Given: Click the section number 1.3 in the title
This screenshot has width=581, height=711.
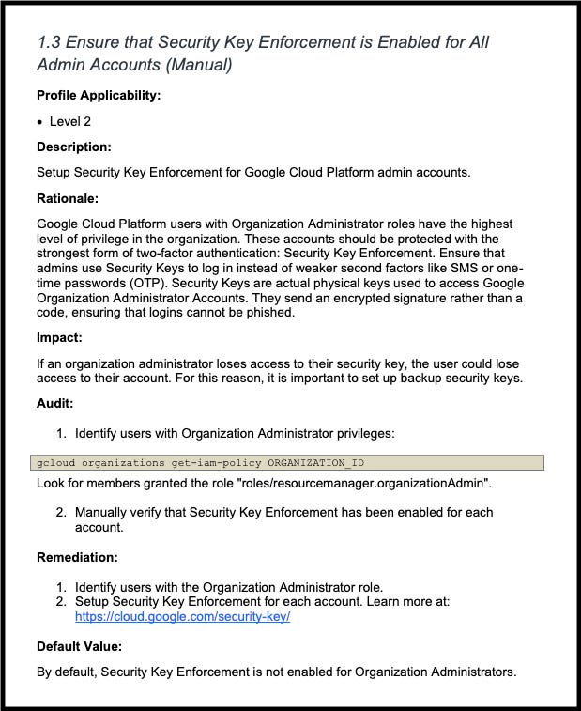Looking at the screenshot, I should tap(49, 42).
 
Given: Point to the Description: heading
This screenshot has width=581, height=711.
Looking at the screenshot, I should tap(74, 147).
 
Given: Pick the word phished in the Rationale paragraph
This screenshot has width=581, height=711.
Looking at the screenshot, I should tap(269, 313).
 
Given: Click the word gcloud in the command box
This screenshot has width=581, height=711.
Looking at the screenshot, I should tap(55, 463).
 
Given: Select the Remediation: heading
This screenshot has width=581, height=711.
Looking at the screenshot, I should tap(77, 557).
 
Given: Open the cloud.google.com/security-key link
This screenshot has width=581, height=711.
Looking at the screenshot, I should tap(182, 617).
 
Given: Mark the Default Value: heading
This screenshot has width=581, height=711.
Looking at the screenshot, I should tap(80, 646).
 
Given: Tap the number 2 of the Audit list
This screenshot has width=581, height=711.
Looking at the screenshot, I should tap(61, 513).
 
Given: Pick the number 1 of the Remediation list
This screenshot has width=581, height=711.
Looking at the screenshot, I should tap(61, 587).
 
